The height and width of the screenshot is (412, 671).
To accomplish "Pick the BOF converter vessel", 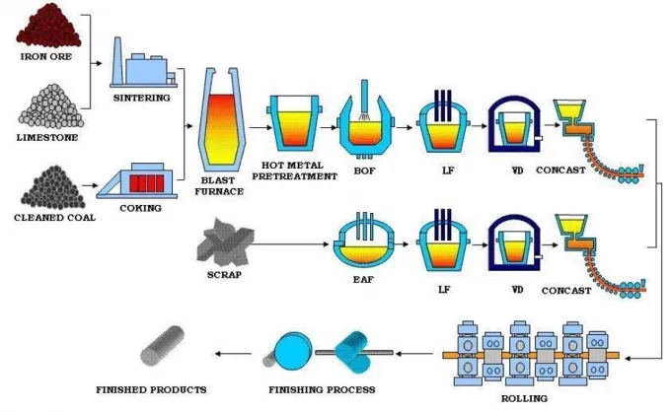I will tap(366, 128).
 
